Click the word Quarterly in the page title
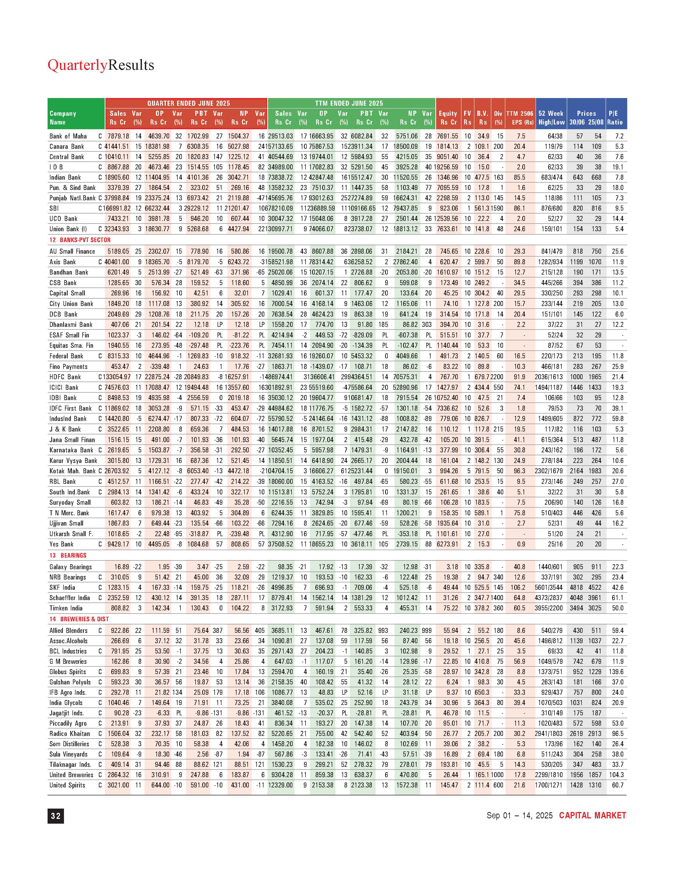(x=77, y=65)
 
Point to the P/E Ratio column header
(x=615, y=118)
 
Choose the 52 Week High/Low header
(x=551, y=118)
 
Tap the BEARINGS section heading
(x=73, y=555)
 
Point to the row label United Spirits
(x=67, y=785)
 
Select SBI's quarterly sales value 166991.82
(x=117, y=208)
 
